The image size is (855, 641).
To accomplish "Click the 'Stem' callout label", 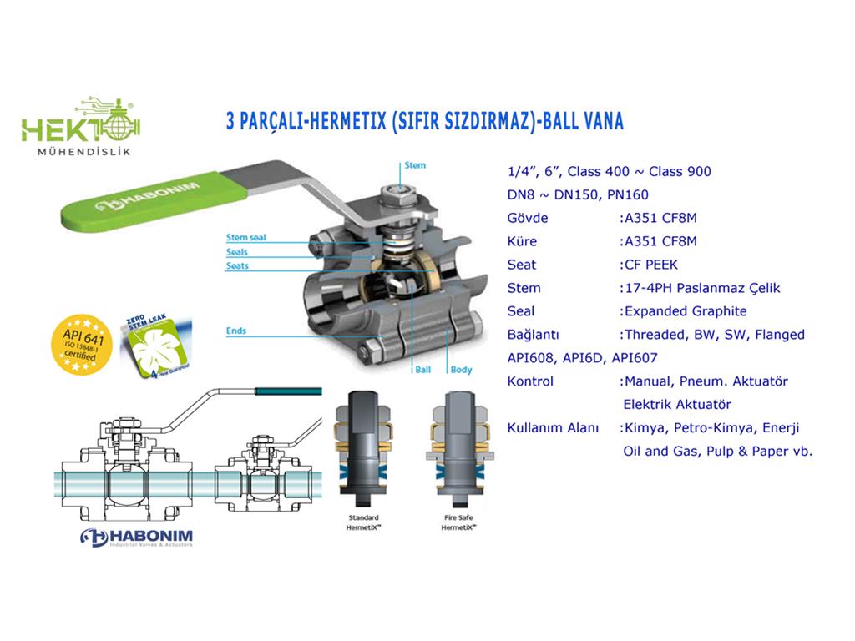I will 415,165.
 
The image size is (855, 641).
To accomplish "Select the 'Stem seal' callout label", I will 246,238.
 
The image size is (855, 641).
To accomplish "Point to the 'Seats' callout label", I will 237,266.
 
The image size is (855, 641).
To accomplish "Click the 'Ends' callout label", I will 236,331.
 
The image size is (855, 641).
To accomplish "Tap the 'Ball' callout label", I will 424,369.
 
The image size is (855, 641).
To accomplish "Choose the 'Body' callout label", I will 461,369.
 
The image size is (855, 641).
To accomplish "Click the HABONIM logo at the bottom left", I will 137,537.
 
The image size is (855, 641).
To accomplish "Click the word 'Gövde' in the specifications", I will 528,218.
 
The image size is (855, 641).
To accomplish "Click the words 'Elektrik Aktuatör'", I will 677,405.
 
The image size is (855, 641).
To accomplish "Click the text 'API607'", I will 635,358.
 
